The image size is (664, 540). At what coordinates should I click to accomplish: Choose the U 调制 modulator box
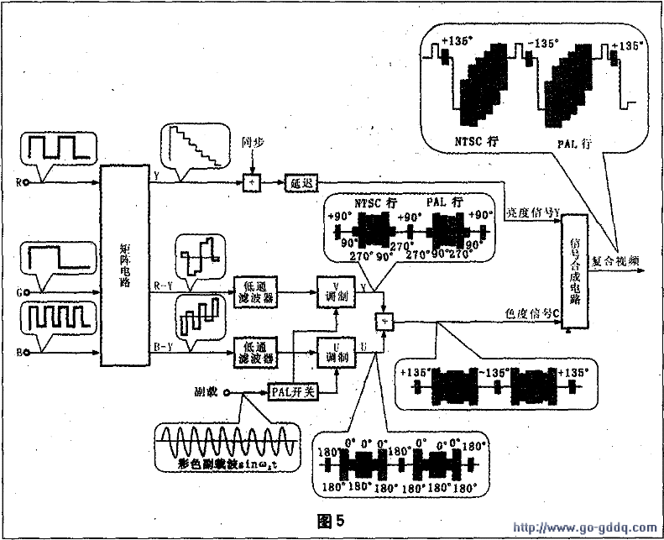332,351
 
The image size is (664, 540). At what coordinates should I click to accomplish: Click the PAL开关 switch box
292,391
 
